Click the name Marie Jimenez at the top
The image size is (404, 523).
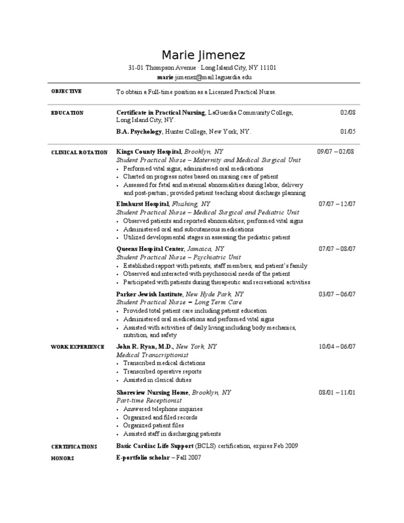tap(203, 55)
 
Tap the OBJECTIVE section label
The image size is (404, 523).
tap(66, 92)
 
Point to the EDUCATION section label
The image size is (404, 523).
tap(67, 113)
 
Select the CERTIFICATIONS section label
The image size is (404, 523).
tap(74, 447)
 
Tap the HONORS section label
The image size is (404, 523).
tap(62, 458)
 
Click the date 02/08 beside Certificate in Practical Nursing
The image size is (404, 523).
tap(348, 113)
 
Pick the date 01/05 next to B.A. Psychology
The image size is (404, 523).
tap(348, 132)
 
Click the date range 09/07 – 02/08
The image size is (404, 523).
tap(336, 152)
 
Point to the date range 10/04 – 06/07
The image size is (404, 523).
tap(337, 346)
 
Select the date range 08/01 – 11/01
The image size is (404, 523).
tap(337, 392)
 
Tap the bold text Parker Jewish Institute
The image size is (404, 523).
tap(149, 294)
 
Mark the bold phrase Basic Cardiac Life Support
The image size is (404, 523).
tap(155, 446)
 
